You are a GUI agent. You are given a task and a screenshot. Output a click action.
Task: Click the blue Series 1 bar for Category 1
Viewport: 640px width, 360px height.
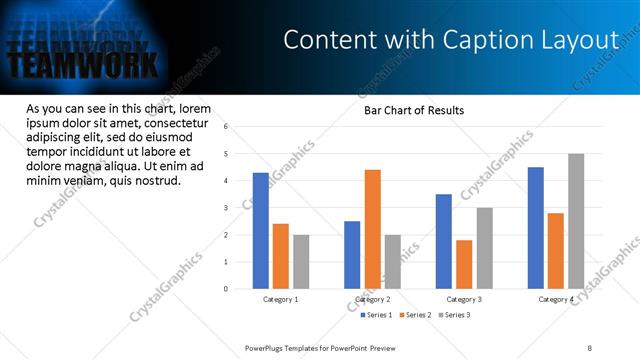260,231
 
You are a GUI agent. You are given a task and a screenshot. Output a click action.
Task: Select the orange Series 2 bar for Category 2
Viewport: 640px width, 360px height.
372,229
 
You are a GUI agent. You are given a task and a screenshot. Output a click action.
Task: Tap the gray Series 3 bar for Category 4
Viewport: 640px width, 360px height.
576,221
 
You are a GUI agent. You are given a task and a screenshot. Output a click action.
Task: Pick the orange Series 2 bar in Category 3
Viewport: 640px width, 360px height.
464,264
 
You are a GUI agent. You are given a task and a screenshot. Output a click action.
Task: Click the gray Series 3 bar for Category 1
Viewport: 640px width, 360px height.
301,262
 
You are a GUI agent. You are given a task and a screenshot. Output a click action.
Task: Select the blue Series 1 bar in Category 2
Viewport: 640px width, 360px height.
352,255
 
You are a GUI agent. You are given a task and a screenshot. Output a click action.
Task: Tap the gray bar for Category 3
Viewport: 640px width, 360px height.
484,248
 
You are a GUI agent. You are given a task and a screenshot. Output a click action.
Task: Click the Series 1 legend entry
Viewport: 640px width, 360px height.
377,315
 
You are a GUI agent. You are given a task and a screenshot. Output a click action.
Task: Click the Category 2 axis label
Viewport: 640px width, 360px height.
372,300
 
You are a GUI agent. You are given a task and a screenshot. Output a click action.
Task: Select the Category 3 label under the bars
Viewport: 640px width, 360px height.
464,300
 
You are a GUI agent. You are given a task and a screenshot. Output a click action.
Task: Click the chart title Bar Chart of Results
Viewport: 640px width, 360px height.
413,110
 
